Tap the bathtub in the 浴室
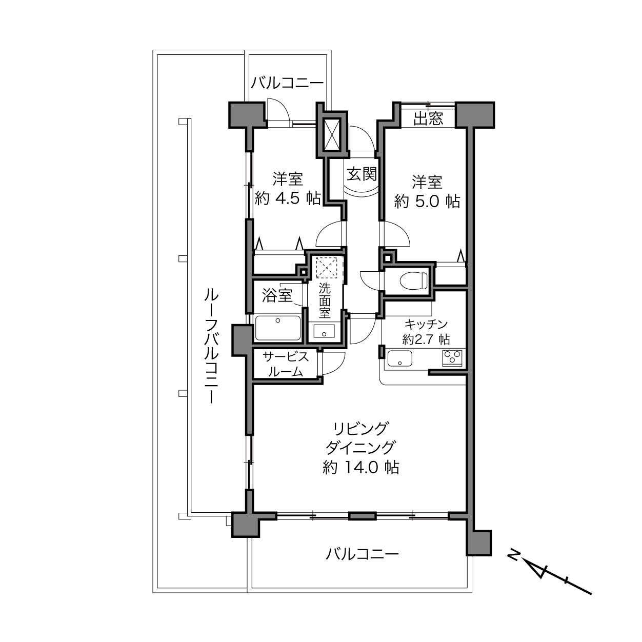[x=278, y=328]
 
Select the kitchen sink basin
[x=400, y=358]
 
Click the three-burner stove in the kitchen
[x=452, y=358]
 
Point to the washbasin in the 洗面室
[x=324, y=332]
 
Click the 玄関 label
[x=362, y=174]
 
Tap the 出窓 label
[x=428, y=118]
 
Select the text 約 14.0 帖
[x=361, y=468]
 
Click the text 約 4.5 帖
[x=288, y=198]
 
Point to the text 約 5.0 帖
[x=427, y=201]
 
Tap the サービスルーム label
[x=286, y=364]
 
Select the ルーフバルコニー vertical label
[x=211, y=346]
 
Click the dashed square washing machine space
[x=327, y=268]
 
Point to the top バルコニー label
[x=287, y=82]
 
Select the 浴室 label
[x=277, y=295]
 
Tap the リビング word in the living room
[x=361, y=428]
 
